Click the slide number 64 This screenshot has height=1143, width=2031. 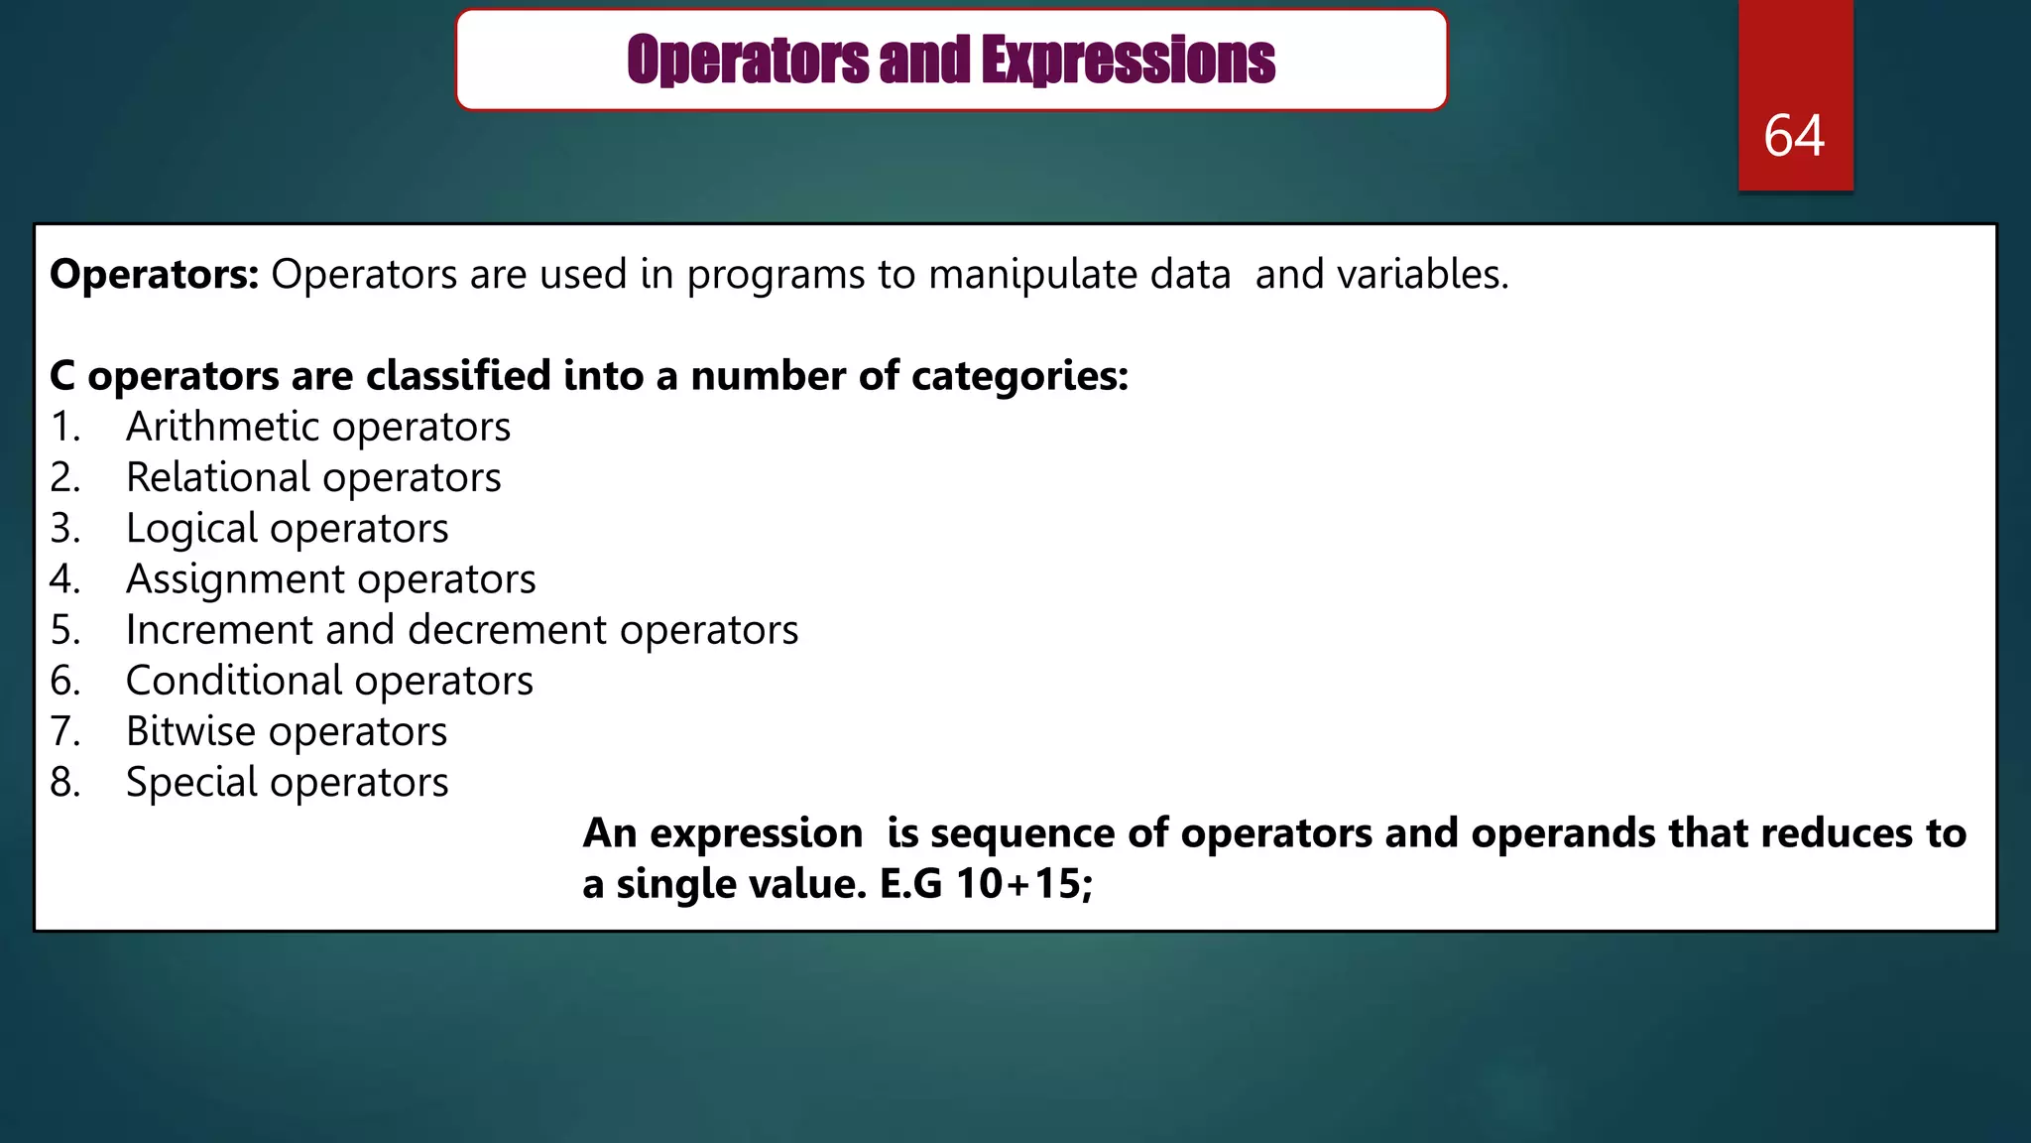1794,136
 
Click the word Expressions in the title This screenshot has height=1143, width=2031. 1128,61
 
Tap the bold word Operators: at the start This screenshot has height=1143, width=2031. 154,275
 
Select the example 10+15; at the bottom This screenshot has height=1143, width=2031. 1023,884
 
